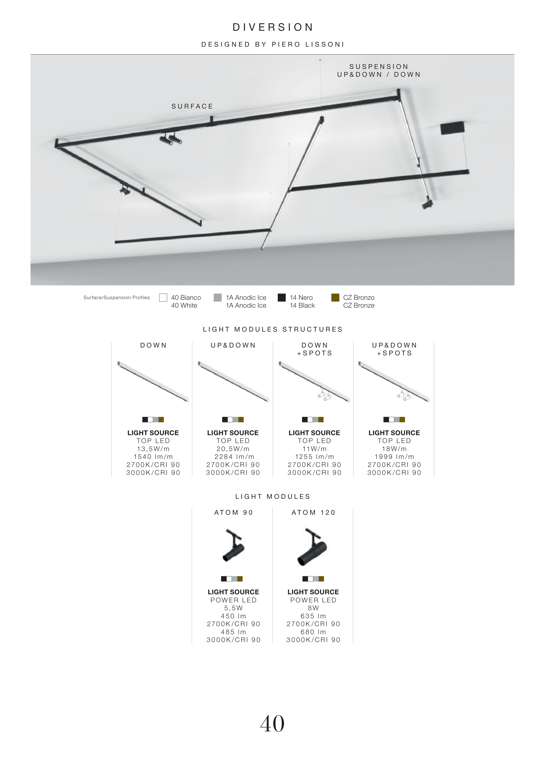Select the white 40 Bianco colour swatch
click(163, 298)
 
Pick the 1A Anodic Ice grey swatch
click(218, 298)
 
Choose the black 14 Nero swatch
click(282, 298)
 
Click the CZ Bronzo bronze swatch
click(335, 298)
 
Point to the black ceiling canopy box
click(452, 128)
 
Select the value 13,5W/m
click(153, 449)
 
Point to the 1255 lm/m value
click(314, 457)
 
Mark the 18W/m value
click(394, 449)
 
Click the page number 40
click(272, 733)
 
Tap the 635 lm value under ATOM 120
click(313, 616)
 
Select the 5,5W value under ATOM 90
click(233, 608)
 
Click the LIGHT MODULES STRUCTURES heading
click(273, 329)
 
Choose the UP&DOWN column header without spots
click(233, 345)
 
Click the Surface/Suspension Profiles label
click(117, 298)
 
